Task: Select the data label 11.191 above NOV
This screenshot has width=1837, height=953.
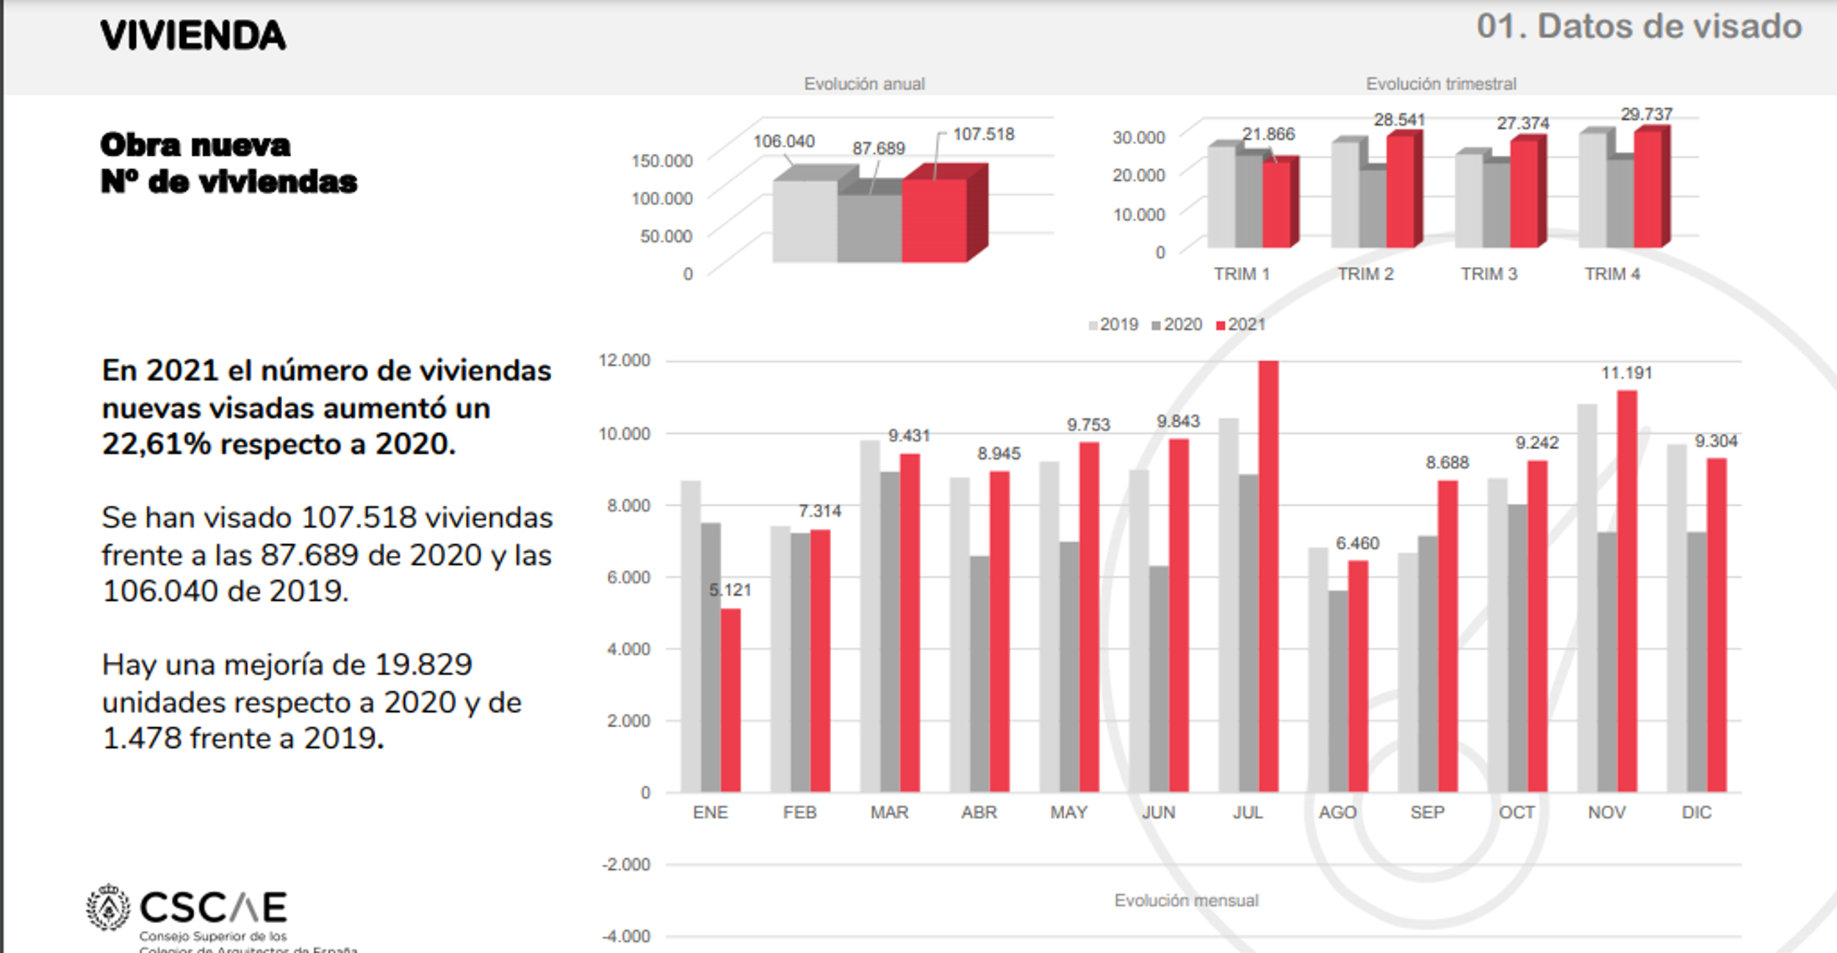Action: click(x=1626, y=374)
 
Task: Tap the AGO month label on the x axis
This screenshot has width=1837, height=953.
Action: click(x=1337, y=813)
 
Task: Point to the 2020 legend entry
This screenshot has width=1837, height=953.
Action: click(x=1177, y=325)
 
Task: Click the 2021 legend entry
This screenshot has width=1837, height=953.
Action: click(x=1241, y=325)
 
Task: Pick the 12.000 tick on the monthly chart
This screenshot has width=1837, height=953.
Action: click(x=625, y=360)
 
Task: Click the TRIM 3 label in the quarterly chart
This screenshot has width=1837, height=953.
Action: click(x=1489, y=274)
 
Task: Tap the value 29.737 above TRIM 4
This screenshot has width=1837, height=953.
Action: click(x=1646, y=115)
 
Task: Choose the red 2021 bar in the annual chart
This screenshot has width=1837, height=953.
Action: click(x=935, y=220)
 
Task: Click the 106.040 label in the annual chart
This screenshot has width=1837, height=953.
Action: click(x=783, y=141)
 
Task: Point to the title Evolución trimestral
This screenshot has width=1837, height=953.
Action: click(x=1440, y=84)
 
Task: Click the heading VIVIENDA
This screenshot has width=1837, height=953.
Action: click(x=193, y=35)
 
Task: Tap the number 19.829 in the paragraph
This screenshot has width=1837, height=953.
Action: click(x=423, y=665)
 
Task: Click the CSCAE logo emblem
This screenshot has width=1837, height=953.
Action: click(x=109, y=907)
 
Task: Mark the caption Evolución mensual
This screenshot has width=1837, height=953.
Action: click(x=1186, y=901)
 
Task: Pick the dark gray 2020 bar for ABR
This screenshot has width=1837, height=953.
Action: click(x=979, y=673)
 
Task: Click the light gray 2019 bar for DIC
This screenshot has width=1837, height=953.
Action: click(x=1676, y=618)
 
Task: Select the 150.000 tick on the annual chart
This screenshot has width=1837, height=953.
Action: click(x=661, y=161)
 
